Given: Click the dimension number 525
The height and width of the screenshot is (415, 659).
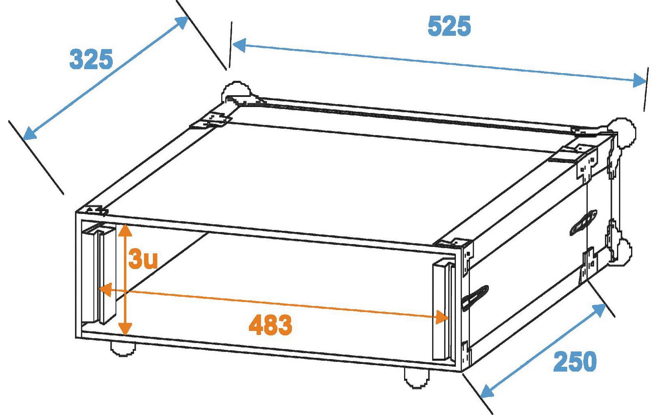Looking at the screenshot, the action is pos(449,26).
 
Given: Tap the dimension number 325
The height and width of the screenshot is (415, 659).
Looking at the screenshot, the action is pos(91,59).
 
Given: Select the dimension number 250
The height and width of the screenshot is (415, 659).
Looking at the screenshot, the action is pos(575,361).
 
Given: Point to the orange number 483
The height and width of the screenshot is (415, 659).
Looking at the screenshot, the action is pos(270,325).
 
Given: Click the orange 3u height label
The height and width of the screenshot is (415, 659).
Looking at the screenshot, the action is pos(143,259).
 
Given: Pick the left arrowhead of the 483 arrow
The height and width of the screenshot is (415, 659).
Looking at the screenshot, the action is pos(105,290).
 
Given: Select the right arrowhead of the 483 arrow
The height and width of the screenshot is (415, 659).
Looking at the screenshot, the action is pos(442,317).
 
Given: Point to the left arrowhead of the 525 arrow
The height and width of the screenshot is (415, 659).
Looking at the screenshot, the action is pos(239,45).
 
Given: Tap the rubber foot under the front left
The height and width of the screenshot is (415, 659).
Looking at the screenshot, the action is pos(123,349).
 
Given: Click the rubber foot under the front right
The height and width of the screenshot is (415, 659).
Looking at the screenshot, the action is pos(417,378).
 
